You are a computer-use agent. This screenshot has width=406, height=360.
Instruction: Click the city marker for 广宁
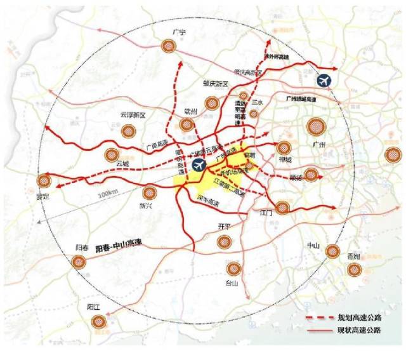click(168, 45)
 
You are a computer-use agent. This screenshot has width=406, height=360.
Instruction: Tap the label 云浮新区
click(133, 116)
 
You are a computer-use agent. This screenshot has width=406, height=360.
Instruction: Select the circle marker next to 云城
click(112, 154)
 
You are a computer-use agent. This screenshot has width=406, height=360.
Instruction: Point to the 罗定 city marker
click(43, 180)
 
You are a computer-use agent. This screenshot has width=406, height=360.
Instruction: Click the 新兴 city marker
click(150, 192)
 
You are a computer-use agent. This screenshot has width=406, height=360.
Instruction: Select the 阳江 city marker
click(97, 321)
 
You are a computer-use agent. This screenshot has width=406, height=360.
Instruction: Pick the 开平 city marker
click(224, 241)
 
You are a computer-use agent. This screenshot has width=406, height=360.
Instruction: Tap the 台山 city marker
click(233, 269)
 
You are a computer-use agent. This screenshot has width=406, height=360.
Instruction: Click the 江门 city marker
click(282, 207)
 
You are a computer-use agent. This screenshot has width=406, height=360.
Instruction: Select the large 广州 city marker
click(315, 126)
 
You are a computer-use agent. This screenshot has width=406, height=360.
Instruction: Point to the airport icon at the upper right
click(325, 81)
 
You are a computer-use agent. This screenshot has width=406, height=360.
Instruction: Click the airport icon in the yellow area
click(199, 166)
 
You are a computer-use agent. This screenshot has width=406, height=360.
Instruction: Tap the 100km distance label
click(110, 192)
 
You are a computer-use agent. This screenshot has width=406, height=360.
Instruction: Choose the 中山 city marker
click(332, 251)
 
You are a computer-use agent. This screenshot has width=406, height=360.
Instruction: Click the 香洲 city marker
click(354, 270)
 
